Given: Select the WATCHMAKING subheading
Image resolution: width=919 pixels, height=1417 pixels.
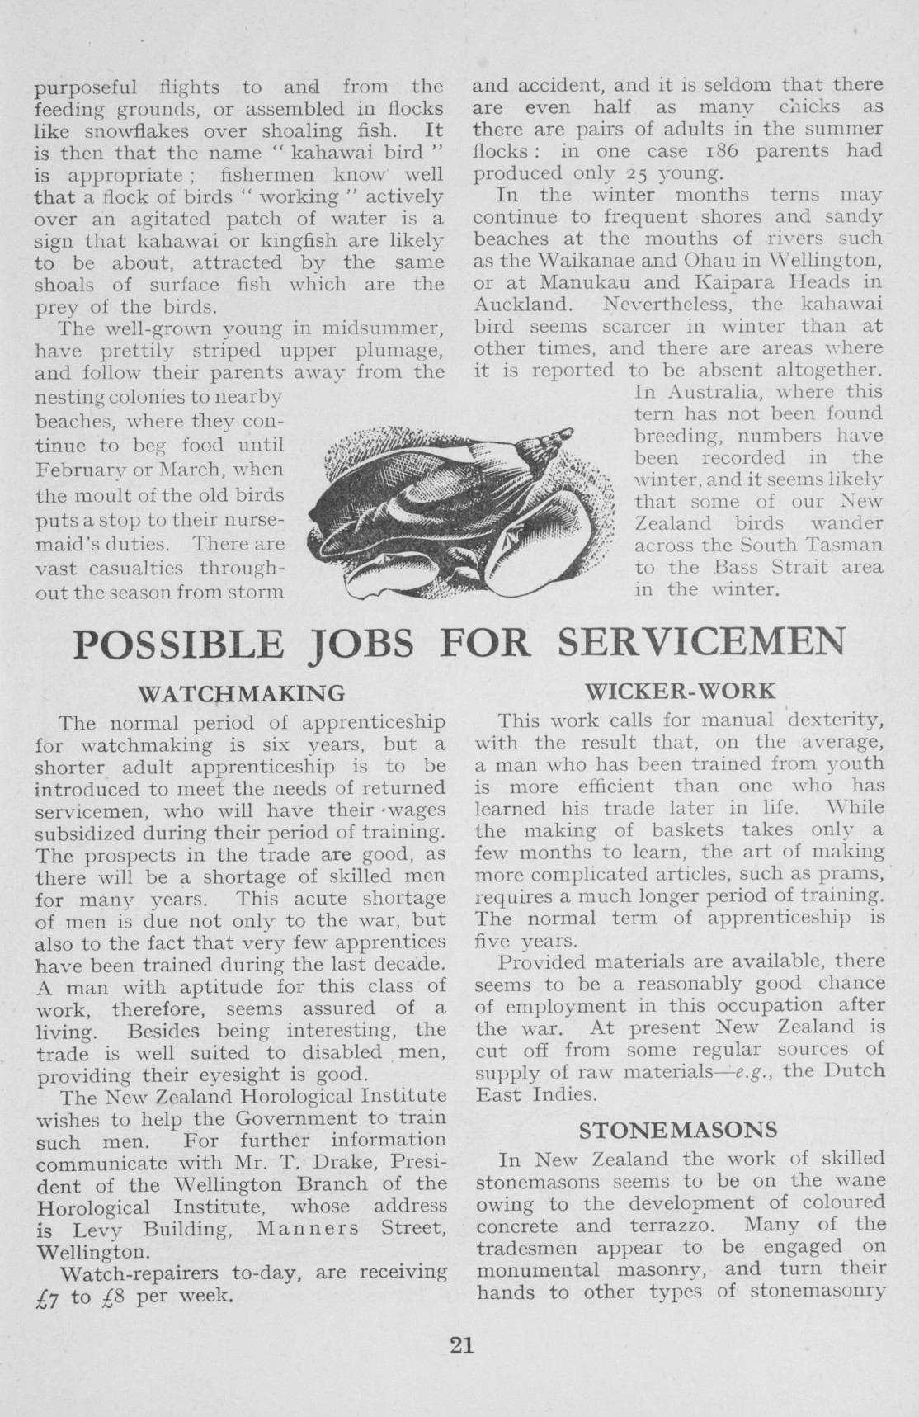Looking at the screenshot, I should (x=241, y=692).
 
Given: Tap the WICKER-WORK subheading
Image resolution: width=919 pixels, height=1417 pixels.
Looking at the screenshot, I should (x=680, y=690).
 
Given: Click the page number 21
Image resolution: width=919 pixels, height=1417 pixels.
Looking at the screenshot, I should (x=461, y=1344).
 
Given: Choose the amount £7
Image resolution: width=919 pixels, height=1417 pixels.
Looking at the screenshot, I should (x=49, y=1297).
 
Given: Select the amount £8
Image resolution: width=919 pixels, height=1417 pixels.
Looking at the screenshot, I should (x=111, y=1296).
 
